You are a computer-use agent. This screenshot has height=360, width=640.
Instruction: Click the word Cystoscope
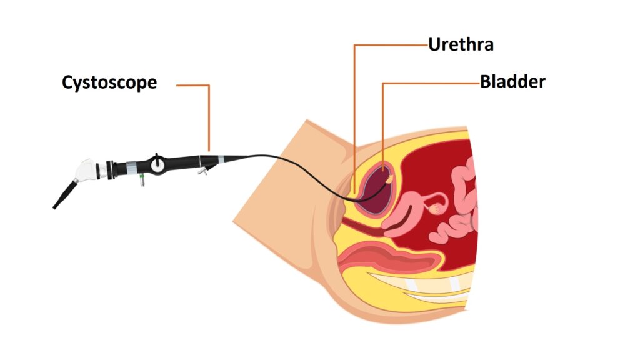pyautogui.click(x=109, y=82)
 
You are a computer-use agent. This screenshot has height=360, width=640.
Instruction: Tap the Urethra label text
pyautogui.click(x=461, y=44)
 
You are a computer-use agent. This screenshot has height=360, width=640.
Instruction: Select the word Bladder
pyautogui.click(x=512, y=81)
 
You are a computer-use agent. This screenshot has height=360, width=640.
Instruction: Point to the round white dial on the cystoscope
pyautogui.click(x=158, y=164)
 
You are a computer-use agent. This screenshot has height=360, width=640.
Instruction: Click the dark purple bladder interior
pyautogui.click(x=374, y=191)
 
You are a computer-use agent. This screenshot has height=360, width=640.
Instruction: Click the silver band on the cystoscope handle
pyautogui.click(x=132, y=167)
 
